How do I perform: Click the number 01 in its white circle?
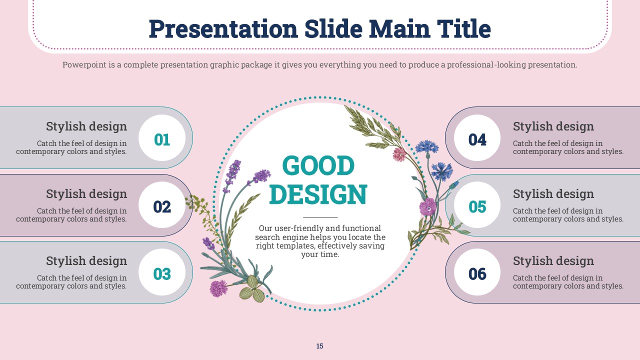point(162,138)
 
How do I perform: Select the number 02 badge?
point(162,205)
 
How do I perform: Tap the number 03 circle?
point(162,272)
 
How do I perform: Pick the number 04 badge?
point(477,138)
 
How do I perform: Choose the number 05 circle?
point(477,205)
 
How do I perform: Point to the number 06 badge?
point(477,272)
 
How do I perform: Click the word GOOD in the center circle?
point(318,165)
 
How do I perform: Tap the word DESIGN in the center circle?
point(318,194)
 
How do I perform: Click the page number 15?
point(319,346)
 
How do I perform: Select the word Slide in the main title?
point(333,29)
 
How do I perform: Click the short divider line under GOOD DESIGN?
point(320,217)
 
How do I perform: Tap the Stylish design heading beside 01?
point(86,126)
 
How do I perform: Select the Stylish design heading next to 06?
point(553,261)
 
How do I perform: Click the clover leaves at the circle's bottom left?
point(252,289)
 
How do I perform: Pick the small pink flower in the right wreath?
point(399,154)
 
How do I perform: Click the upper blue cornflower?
point(426,146)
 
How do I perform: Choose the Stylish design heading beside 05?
point(553,193)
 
